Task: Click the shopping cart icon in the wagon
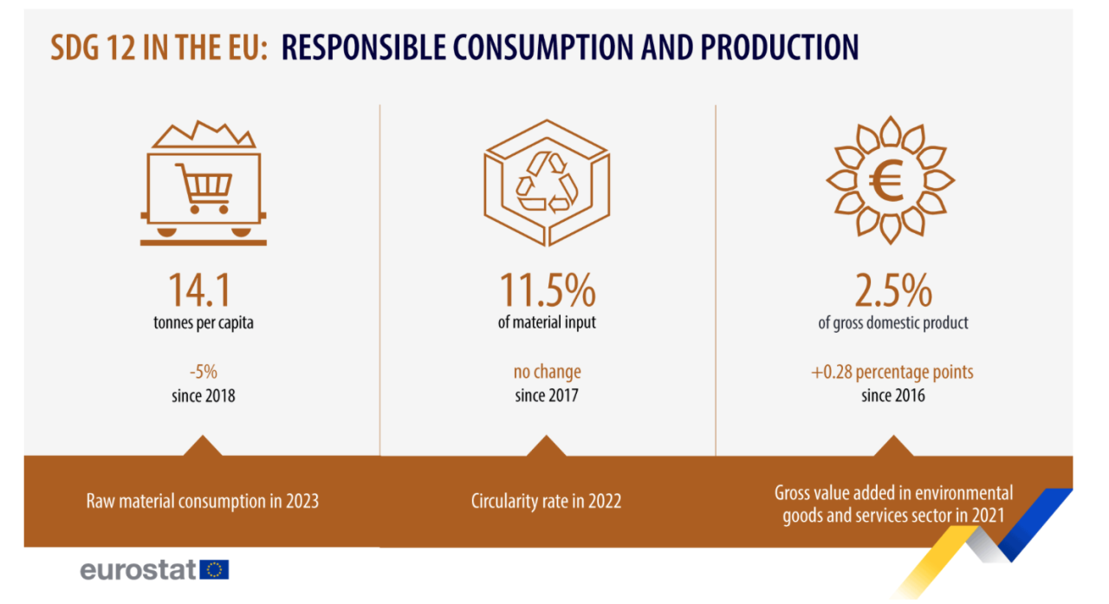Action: click(204, 187)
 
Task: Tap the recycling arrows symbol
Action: click(547, 182)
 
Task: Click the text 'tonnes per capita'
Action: click(204, 323)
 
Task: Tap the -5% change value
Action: click(204, 372)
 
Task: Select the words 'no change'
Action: click(547, 372)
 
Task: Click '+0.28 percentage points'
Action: click(892, 372)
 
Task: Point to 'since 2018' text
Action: click(204, 395)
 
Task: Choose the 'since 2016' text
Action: click(892, 395)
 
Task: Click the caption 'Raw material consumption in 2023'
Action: click(203, 501)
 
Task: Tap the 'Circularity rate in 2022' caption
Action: click(546, 501)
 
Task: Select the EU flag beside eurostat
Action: click(214, 569)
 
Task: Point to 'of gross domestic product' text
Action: click(892, 323)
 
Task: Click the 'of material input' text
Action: click(547, 323)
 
